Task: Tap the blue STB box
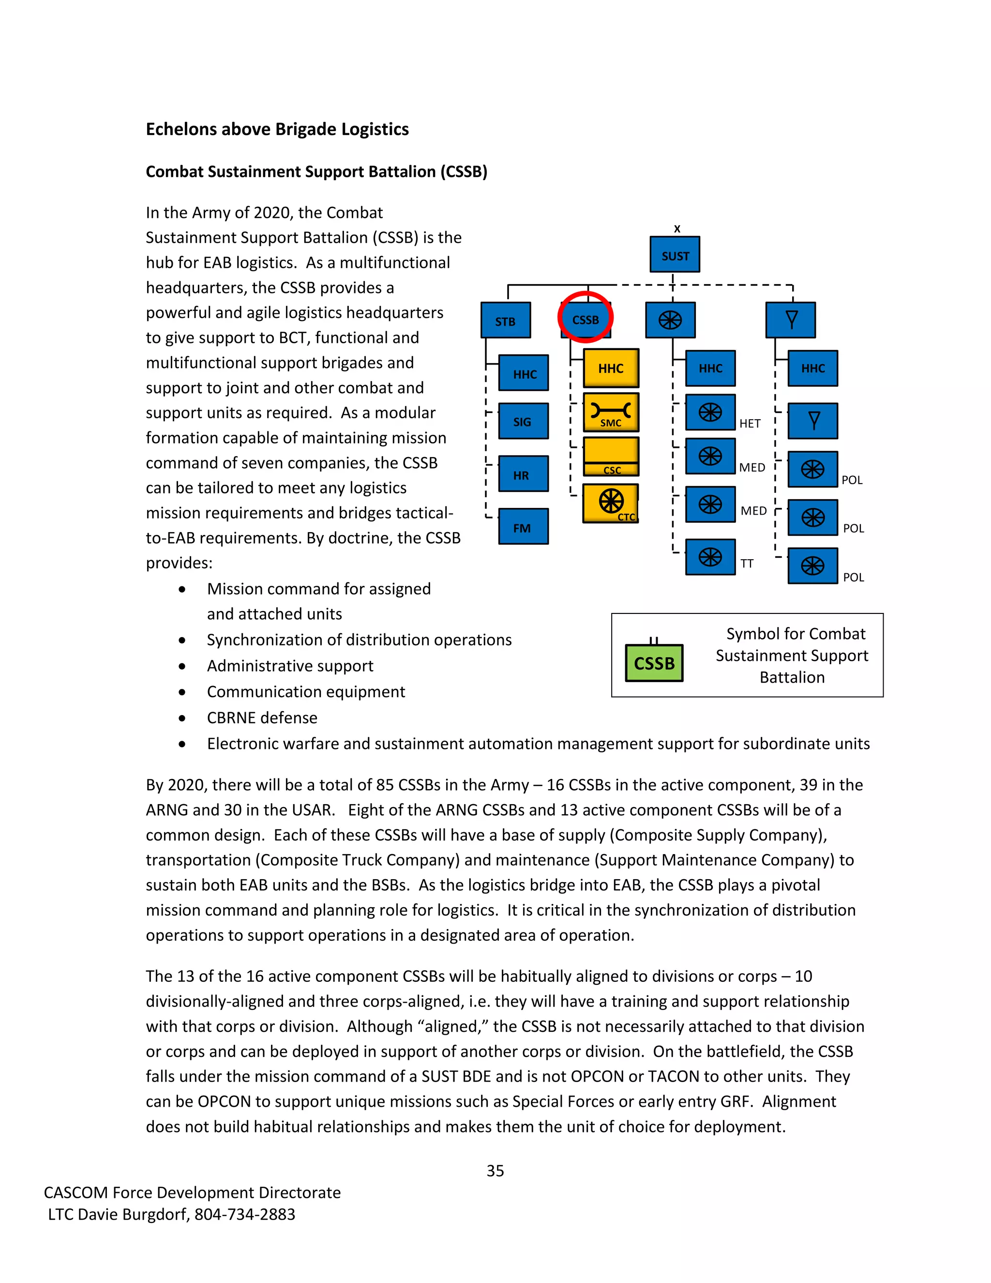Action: (506, 320)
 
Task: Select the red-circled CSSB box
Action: (586, 319)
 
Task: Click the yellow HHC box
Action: (611, 368)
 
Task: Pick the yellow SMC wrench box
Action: (611, 412)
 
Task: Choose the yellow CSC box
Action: (611, 456)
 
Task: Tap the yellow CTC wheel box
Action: (611, 503)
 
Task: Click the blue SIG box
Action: (523, 421)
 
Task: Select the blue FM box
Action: (523, 527)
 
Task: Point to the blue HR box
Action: (523, 474)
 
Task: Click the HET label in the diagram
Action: (750, 424)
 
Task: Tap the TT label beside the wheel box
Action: (747, 564)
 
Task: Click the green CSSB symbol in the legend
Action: (654, 663)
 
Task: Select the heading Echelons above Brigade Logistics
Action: (277, 129)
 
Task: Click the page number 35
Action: (495, 1171)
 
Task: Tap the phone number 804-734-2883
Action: (245, 1214)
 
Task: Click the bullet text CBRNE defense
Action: (262, 718)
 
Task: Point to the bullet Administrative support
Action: (290, 666)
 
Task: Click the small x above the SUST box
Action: (677, 229)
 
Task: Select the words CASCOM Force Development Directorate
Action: (192, 1192)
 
